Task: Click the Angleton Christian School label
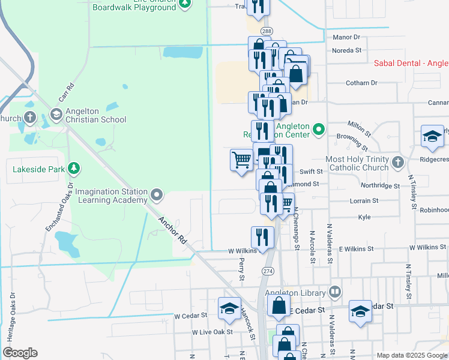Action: click(x=96, y=114)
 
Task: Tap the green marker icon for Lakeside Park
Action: click(x=74, y=169)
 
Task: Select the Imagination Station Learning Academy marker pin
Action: click(x=157, y=194)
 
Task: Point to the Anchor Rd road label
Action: click(x=172, y=230)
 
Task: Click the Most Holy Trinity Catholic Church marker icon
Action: click(x=397, y=162)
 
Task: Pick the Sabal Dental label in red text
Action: click(x=411, y=62)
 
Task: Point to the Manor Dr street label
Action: click(x=345, y=37)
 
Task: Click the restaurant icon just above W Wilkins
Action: click(x=262, y=236)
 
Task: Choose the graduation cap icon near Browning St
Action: click(x=432, y=136)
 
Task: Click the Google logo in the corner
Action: click(x=20, y=353)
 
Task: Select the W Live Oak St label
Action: click(x=212, y=331)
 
